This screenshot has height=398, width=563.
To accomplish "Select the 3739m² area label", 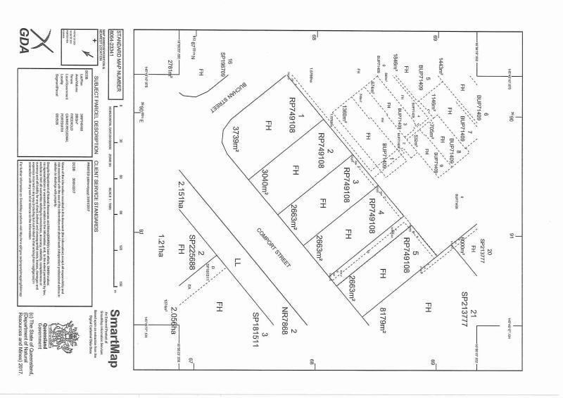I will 234,137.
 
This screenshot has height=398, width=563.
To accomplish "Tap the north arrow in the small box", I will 89,53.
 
